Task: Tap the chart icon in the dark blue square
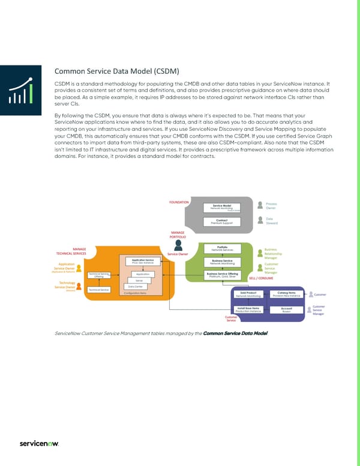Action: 22,91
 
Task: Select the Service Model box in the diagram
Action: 223,207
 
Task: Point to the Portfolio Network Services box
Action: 223,248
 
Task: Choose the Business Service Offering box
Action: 222,275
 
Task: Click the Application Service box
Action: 143,262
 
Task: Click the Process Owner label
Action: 272,207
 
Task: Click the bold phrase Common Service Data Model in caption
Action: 235,334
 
